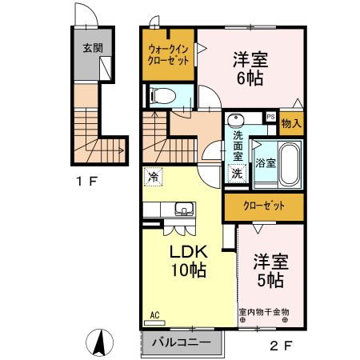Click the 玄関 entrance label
tap(91, 47)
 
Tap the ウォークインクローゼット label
tap(168, 54)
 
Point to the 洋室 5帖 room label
tap(270, 270)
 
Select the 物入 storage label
tap(291, 124)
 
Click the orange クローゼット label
tap(263, 206)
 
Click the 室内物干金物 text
tap(263, 311)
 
